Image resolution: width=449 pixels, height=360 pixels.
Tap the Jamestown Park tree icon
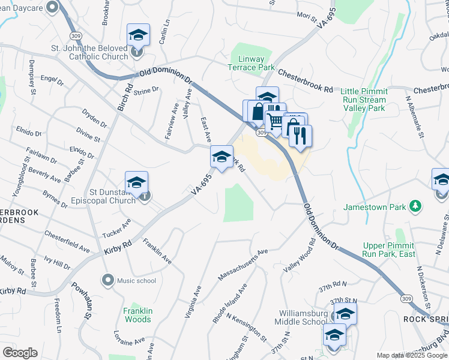pos(415,207)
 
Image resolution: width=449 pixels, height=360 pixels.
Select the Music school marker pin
pos(108,280)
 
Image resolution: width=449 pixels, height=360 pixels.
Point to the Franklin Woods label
pos(137,315)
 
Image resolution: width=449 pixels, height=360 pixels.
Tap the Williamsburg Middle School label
pos(303,317)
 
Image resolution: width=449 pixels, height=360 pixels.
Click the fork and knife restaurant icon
pos(301,136)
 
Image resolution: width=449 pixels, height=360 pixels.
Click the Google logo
pos(20,353)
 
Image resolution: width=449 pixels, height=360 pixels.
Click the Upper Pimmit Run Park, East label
pos(389,250)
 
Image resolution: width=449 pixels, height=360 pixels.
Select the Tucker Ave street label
pos(116,227)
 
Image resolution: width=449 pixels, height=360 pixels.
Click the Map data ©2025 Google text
pos(411,355)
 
